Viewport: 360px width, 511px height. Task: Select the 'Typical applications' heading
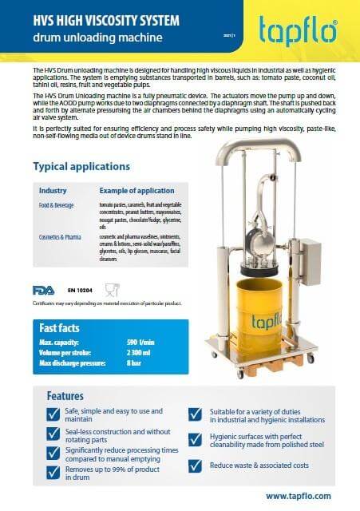click(x=81, y=166)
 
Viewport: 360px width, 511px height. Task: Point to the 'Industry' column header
click(x=53, y=192)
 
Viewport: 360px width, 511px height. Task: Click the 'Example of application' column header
click(x=136, y=192)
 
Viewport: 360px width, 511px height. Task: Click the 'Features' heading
click(x=66, y=396)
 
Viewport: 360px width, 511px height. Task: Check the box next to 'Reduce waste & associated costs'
click(x=195, y=465)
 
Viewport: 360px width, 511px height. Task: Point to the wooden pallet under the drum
click(x=263, y=347)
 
